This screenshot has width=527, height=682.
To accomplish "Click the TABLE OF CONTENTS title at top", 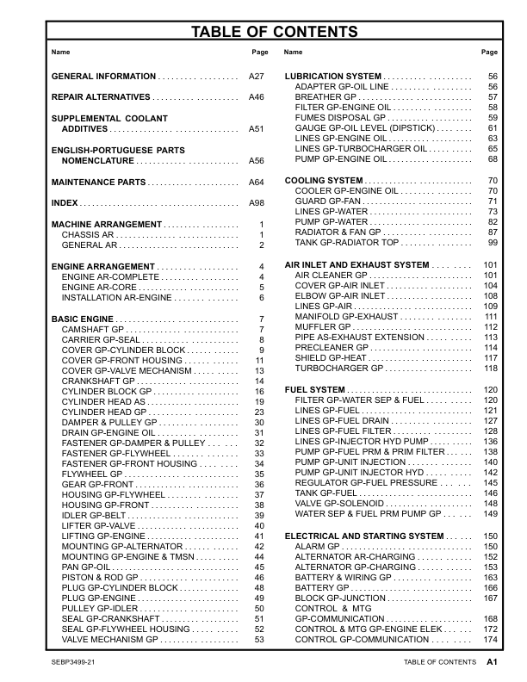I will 263,33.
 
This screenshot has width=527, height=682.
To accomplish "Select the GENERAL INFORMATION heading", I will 104,77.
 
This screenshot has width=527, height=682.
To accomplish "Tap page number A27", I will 256,77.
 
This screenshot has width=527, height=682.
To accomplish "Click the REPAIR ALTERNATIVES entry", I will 101,97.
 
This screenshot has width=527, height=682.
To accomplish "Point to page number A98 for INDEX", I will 256,203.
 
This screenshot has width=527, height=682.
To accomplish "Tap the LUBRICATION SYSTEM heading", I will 333,77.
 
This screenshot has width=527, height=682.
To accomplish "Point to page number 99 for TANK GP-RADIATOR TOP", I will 493,243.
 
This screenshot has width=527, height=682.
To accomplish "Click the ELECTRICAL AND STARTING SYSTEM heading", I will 366,536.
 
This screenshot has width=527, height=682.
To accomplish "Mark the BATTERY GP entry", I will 323,587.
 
